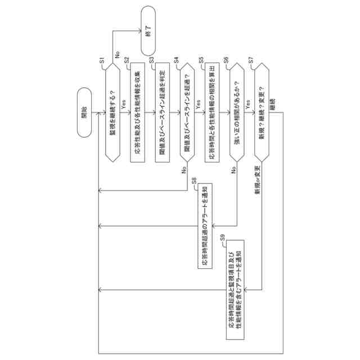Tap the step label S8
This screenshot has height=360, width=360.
pos(193,181)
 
